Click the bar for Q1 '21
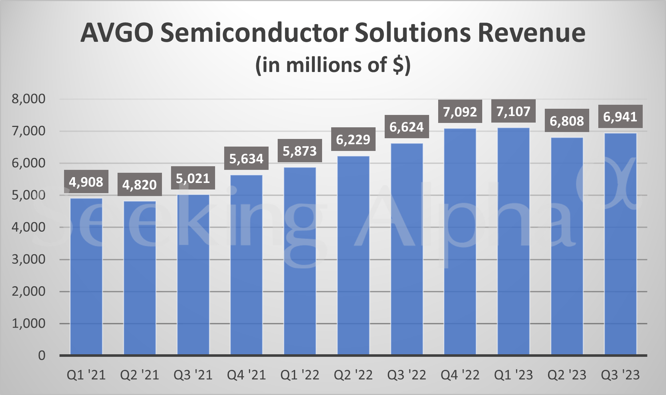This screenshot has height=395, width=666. pyautogui.click(x=86, y=276)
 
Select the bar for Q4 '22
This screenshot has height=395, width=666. pyautogui.click(x=460, y=242)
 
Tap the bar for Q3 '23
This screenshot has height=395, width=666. pyautogui.click(x=621, y=244)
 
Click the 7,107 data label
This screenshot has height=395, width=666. pyautogui.click(x=513, y=111)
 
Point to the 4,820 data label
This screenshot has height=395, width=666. pyautogui.click(x=139, y=185)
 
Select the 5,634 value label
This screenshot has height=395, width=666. pyautogui.click(x=246, y=159)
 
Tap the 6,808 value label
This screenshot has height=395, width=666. pyautogui.click(x=567, y=121)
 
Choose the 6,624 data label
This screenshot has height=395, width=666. pyautogui.click(x=407, y=127)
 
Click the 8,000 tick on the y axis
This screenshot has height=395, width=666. pyautogui.click(x=29, y=99)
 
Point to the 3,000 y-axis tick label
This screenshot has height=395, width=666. pyautogui.click(x=29, y=259)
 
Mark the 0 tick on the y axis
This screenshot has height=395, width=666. pyautogui.click(x=42, y=355)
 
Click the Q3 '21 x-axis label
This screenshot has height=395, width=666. pyautogui.click(x=193, y=375)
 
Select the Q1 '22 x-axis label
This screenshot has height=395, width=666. pyautogui.click(x=300, y=375)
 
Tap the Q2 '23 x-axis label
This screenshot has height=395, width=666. pyautogui.click(x=567, y=375)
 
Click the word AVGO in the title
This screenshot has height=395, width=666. pyautogui.click(x=117, y=33)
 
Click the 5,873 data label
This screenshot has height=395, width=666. pyautogui.click(x=300, y=151)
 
